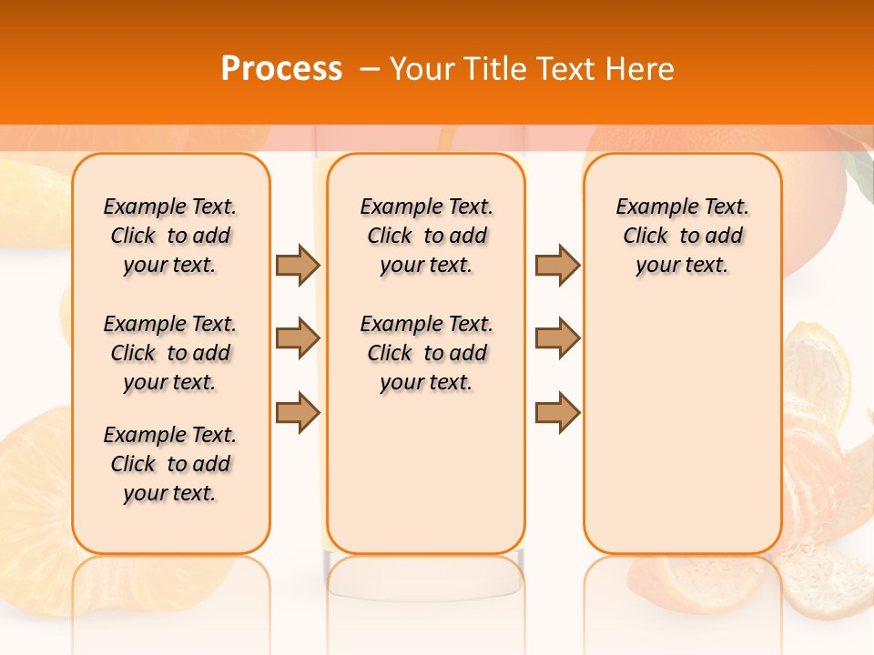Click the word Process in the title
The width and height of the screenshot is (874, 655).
click(x=281, y=69)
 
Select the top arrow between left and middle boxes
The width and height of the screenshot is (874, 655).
click(x=298, y=265)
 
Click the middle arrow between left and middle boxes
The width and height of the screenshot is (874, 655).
click(x=298, y=338)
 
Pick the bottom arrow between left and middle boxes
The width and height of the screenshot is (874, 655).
click(x=298, y=412)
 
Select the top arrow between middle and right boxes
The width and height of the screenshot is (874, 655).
click(x=557, y=265)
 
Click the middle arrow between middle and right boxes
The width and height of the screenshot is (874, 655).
click(x=557, y=338)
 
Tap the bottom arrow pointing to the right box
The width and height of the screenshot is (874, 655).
click(x=557, y=412)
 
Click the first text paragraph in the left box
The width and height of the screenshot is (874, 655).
click(x=170, y=236)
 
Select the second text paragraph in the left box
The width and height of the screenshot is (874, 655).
click(x=170, y=353)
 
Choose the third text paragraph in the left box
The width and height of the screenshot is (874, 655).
click(x=170, y=464)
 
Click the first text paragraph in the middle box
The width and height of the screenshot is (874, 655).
click(x=426, y=236)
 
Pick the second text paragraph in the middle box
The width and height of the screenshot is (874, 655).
click(x=426, y=353)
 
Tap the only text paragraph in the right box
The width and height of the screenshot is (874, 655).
click(x=682, y=236)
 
